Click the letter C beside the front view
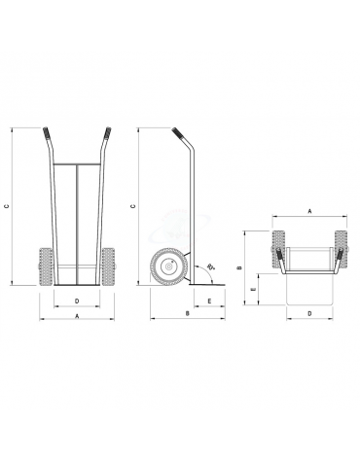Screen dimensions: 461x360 click(x=8, y=205)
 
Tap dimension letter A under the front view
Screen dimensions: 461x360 click(x=77, y=317)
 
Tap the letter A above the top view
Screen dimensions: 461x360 click(x=308, y=209)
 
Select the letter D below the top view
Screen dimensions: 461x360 click(x=308, y=314)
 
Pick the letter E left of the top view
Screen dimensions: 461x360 click(x=254, y=289)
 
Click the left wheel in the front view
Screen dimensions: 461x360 click(x=45, y=265)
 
